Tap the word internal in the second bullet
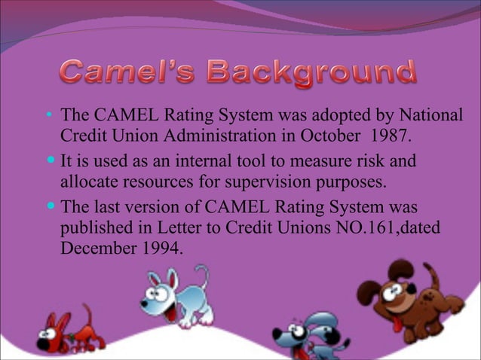pos(198,162)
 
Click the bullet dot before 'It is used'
pos(50,163)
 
